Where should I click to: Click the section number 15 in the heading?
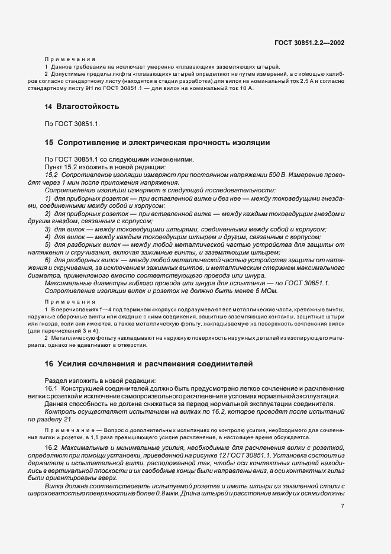click(x=49, y=143)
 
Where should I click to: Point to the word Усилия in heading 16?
click(x=71, y=363)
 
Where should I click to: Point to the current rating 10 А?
click(x=244, y=88)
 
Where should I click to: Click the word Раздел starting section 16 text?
click(x=57, y=380)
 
